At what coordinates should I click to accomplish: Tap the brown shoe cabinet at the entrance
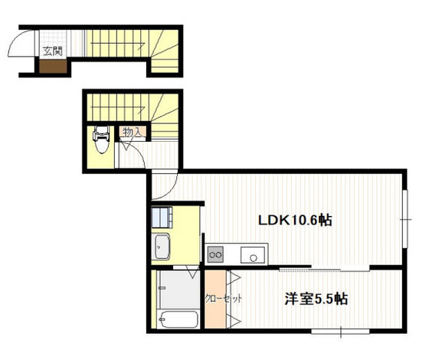click(52, 67)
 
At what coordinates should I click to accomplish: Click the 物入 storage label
click(132, 133)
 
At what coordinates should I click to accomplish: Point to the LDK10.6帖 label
click(294, 220)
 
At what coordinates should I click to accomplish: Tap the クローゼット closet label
click(222, 299)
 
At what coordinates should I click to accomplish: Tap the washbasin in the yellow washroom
click(163, 247)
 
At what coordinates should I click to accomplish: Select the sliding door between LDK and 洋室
click(337, 268)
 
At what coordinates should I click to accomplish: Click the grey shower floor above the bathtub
click(176, 289)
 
